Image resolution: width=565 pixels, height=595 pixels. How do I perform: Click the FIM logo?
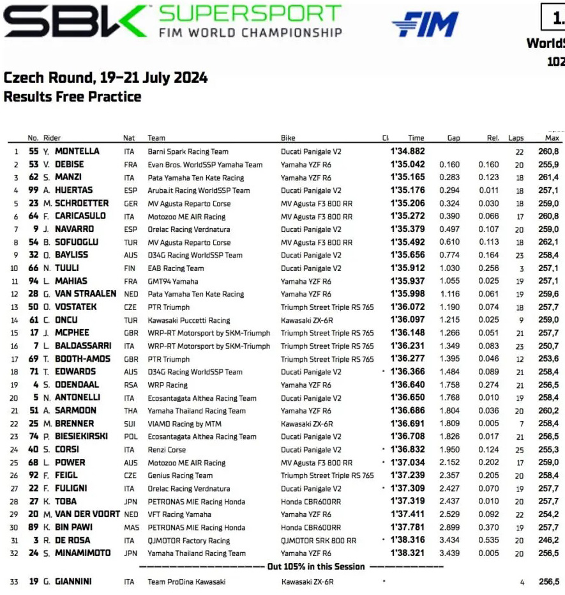(425, 24)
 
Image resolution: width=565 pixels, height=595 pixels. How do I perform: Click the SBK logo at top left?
(75, 21)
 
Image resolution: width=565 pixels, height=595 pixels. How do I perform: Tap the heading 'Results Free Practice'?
(72, 97)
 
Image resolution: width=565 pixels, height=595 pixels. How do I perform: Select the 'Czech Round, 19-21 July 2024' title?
(105, 77)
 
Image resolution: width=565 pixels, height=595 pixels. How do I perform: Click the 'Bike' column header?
(288, 137)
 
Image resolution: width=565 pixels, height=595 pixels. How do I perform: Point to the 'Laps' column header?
(516, 137)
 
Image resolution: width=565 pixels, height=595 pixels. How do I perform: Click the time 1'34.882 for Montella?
(407, 151)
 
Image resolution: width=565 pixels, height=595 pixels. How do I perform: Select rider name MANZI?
(68, 178)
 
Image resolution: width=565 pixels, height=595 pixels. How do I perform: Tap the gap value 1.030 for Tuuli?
(449, 268)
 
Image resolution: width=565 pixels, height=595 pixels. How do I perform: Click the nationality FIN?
(130, 268)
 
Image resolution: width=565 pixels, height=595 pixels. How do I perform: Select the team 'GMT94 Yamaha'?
(173, 281)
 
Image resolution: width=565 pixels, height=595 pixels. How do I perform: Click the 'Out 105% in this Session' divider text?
(316, 566)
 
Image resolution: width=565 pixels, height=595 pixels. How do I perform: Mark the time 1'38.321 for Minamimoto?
(407, 553)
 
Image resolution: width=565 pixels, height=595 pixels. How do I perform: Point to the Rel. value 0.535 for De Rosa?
(488, 540)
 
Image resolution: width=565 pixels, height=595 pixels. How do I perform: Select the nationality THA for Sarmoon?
(130, 411)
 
